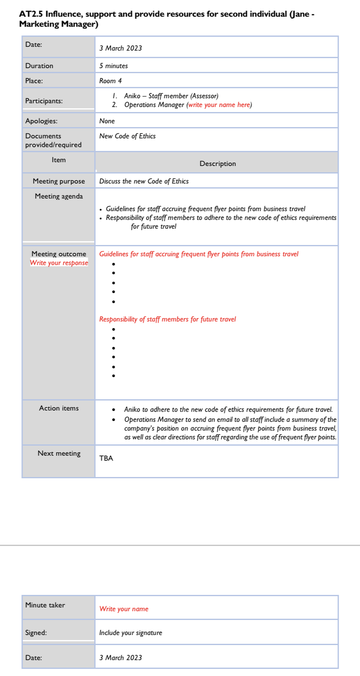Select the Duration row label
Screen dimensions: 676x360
(39, 66)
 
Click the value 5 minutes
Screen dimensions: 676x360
(113, 66)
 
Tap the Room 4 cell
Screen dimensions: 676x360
(110, 81)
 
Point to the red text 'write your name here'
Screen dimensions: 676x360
(219, 105)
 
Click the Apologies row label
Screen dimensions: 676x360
(41, 121)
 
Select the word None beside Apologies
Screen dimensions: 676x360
(107, 121)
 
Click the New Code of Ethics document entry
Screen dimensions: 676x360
(127, 136)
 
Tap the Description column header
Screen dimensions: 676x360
(217, 163)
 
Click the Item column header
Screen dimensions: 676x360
(59, 160)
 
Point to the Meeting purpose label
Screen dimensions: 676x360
(59, 181)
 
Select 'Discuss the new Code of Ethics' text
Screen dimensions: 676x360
(144, 181)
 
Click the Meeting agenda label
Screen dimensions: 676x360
(59, 196)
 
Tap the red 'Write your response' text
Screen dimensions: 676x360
(59, 263)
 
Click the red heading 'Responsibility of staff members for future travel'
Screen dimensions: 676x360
(167, 319)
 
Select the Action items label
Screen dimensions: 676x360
(59, 408)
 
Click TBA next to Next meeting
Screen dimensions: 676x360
(106, 458)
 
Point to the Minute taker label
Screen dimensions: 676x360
(45, 605)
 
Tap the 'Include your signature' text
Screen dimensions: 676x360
(130, 633)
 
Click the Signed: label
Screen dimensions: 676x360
(36, 633)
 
